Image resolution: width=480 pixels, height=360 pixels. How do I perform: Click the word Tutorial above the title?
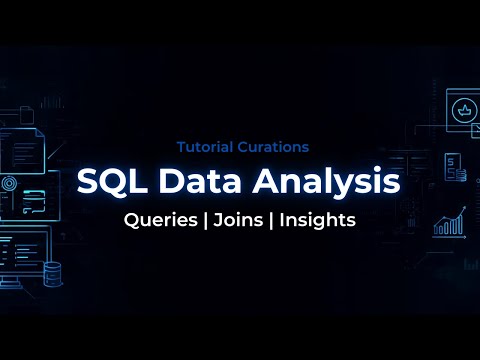click(207, 146)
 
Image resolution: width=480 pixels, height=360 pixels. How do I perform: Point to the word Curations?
click(274, 146)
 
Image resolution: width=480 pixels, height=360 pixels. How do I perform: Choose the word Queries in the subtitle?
click(159, 220)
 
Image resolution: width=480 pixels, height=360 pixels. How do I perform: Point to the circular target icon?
click(8, 184)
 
